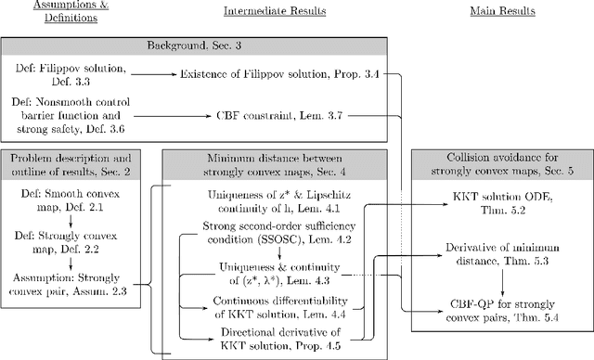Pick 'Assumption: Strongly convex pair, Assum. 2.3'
point(73,284)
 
